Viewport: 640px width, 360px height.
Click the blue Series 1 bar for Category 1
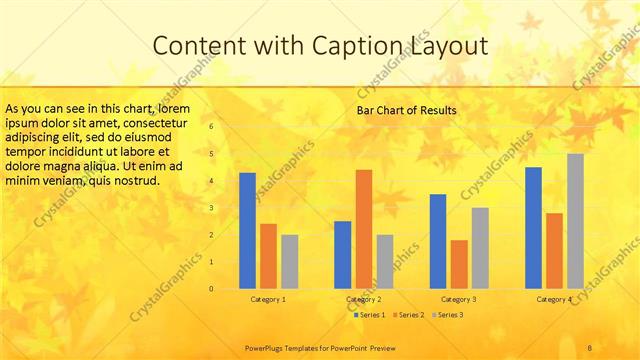(247, 231)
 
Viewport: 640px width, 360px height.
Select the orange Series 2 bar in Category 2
(363, 229)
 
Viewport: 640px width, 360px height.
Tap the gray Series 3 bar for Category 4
(575, 221)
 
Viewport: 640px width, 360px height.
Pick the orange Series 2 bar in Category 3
(459, 264)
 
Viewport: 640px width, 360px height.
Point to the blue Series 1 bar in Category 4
(534, 228)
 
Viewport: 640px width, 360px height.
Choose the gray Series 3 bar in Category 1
(289, 262)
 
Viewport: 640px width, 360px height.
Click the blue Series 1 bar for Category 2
(342, 255)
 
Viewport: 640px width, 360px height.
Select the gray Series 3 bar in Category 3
(480, 248)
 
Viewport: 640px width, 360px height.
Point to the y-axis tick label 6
(211, 127)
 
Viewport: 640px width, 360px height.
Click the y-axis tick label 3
(211, 208)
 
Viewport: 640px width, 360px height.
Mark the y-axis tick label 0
(211, 289)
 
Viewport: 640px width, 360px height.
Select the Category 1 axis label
(268, 299)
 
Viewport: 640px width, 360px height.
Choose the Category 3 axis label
(459, 299)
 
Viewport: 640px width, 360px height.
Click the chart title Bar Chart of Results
(407, 109)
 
